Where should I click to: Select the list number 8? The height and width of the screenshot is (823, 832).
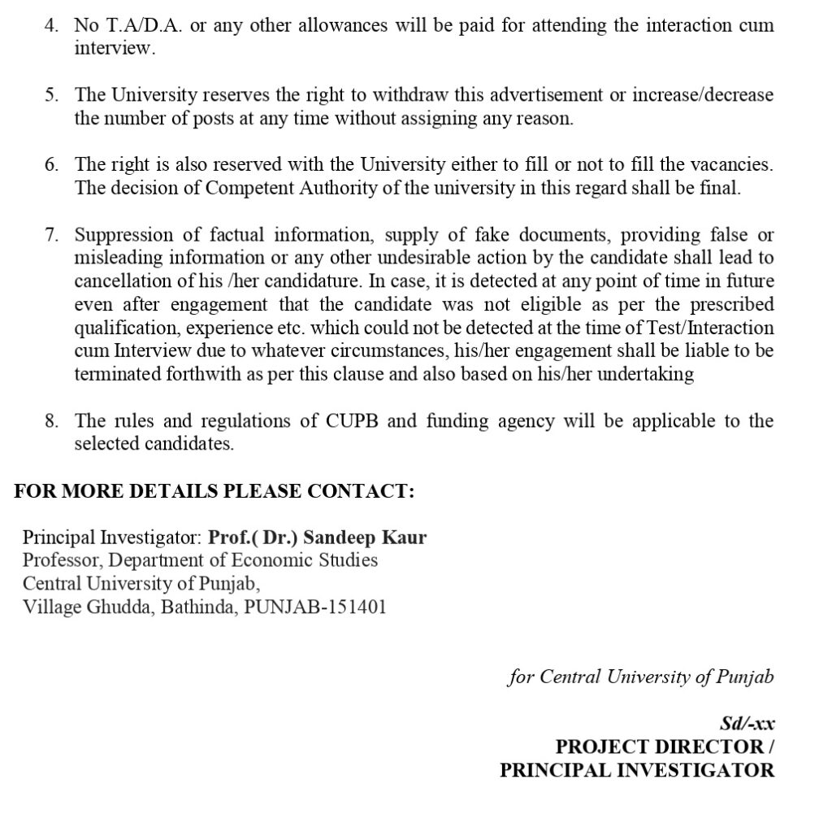coord(51,421)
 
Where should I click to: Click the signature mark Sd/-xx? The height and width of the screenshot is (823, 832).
coord(747,723)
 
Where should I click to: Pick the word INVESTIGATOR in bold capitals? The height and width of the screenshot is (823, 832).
coord(696,769)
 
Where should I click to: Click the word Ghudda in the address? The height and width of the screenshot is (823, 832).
coord(119,607)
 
